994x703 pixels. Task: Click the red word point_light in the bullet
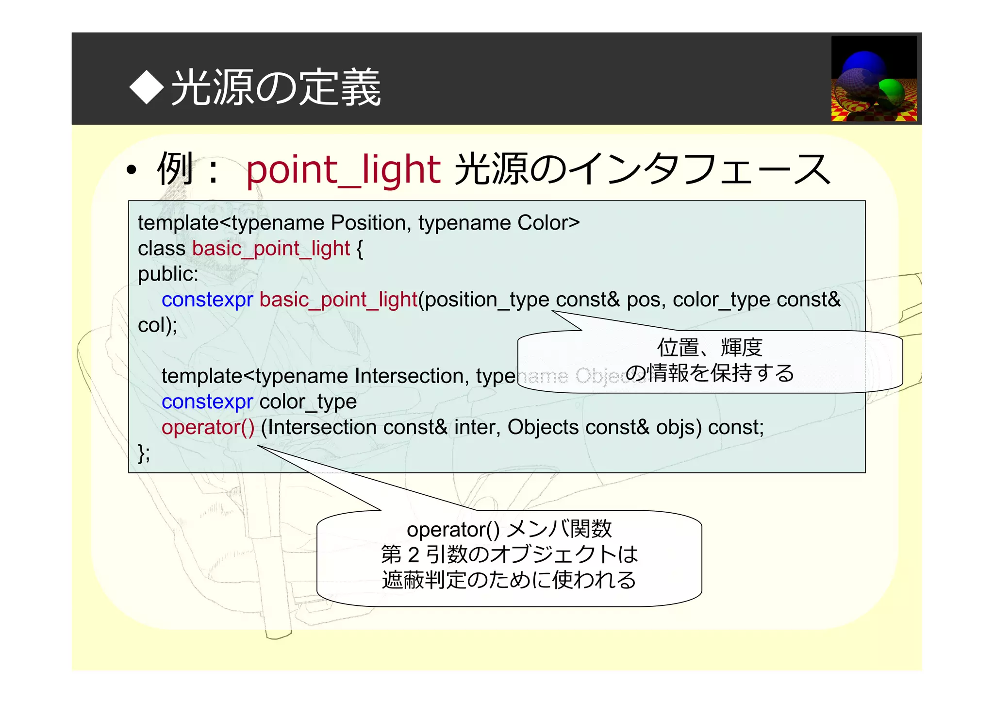click(x=343, y=169)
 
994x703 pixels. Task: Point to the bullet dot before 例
click(x=131, y=171)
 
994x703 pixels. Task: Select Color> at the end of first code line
click(x=548, y=223)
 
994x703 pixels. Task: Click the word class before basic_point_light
click(x=162, y=249)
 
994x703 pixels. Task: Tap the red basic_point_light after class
click(x=271, y=249)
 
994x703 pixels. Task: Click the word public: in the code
click(x=168, y=274)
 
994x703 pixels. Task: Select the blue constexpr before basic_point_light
click(x=207, y=300)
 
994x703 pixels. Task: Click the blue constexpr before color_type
click(x=207, y=402)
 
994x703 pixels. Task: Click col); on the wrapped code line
click(x=157, y=325)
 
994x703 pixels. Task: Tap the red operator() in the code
click(x=208, y=428)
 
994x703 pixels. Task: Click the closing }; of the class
click(x=144, y=453)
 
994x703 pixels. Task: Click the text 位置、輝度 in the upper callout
click(x=710, y=348)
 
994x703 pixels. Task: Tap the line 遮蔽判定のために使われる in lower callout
click(x=509, y=580)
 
